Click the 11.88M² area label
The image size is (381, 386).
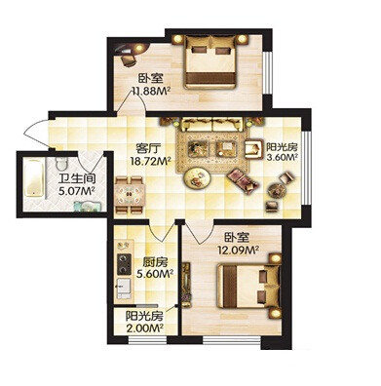pyautogui.click(x=151, y=91)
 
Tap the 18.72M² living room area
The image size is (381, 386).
pyautogui.click(x=150, y=161)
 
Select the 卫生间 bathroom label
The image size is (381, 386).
pyautogui.click(x=77, y=179)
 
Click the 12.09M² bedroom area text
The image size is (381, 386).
pyautogui.click(x=238, y=251)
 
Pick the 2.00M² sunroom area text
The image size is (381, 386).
pyautogui.click(x=144, y=328)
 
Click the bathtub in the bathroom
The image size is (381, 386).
pyautogui.click(x=34, y=177)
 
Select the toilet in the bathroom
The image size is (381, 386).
pyautogui.click(x=61, y=164)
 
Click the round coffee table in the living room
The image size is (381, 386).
pyautogui.click(x=197, y=177)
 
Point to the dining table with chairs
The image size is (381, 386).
pyautogui.click(x=129, y=195)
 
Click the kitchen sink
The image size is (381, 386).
pyautogui.click(x=124, y=288)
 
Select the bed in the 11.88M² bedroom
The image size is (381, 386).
pyautogui.click(x=210, y=61)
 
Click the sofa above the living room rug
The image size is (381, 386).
pyautogui.click(x=212, y=125)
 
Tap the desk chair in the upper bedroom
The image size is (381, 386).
pyautogui.click(x=129, y=60)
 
